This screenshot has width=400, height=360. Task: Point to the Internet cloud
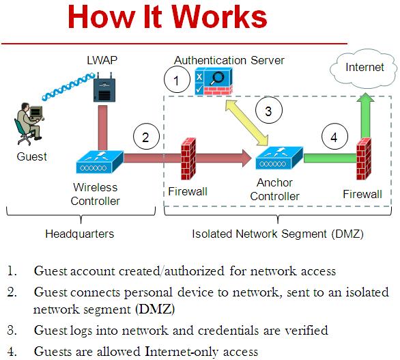point(364,68)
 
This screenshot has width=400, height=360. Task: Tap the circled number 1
point(177,81)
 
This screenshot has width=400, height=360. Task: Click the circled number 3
point(268,111)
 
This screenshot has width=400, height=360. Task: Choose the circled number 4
point(333,137)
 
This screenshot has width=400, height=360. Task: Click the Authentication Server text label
point(229,60)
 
